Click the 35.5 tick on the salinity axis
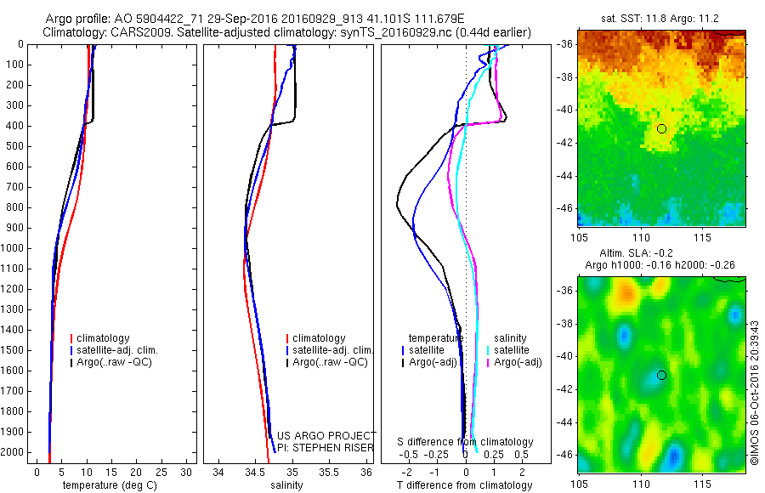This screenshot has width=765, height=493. [330, 472]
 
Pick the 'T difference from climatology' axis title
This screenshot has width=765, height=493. [464, 486]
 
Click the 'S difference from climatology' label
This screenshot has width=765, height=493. [465, 442]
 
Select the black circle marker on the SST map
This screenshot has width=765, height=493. [661, 128]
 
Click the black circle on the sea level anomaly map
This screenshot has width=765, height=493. [661, 375]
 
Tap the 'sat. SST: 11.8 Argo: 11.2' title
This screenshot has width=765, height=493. [661, 17]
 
